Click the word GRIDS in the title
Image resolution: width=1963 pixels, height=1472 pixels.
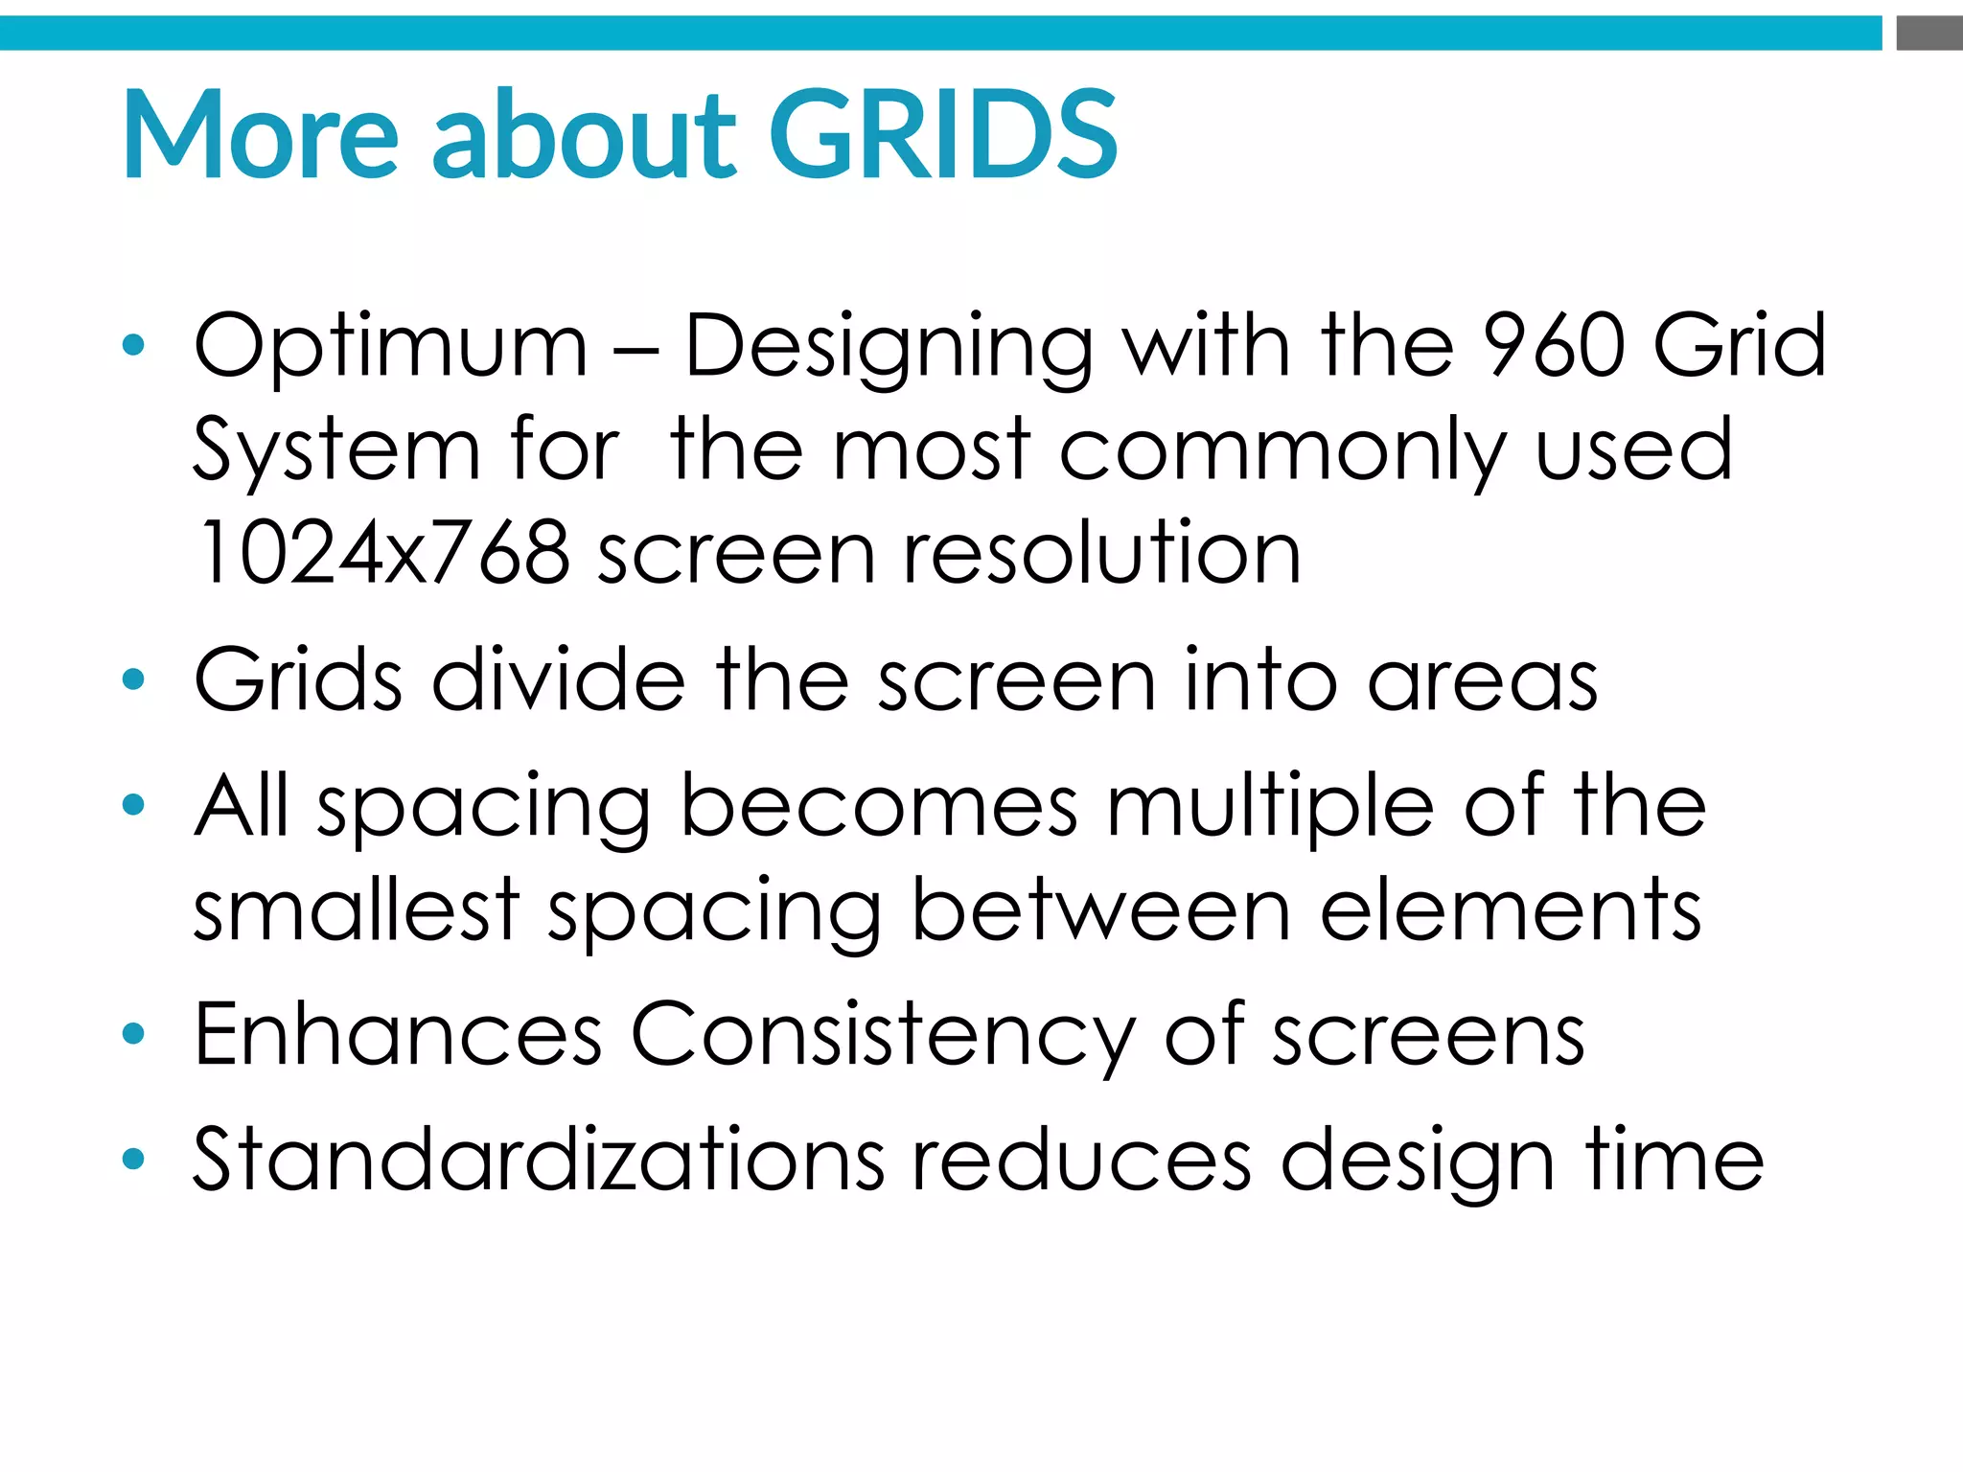tap(943, 134)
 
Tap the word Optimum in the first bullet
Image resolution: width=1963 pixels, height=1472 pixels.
tap(390, 347)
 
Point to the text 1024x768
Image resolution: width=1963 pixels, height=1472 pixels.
tap(382, 553)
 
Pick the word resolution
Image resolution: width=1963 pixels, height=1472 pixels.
tap(1102, 553)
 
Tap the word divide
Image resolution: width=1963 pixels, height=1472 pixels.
tap(559, 679)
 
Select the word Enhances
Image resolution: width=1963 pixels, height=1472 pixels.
tap(398, 1034)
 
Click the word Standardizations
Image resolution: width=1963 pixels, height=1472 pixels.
tap(539, 1159)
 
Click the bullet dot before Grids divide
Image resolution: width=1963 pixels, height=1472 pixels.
tap(133, 680)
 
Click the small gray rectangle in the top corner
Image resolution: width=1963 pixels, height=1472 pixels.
tap(1928, 33)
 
